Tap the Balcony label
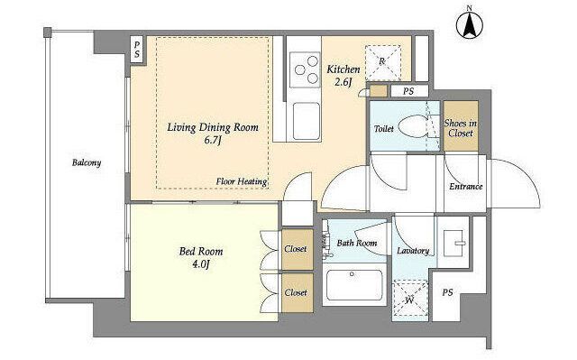pyautogui.click(x=87, y=162)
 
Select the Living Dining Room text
pyautogui.click(x=213, y=127)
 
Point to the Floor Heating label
pyautogui.click(x=242, y=181)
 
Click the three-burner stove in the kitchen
pyautogui.click(x=305, y=69)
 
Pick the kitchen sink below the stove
pyautogui.click(x=307, y=121)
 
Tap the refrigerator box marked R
pyautogui.click(x=382, y=62)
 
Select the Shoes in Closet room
pyautogui.click(x=461, y=125)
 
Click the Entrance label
pyautogui.click(x=465, y=187)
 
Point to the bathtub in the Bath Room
pyautogui.click(x=354, y=285)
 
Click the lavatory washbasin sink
pyautogui.click(x=453, y=244)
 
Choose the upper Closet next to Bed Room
pyautogui.click(x=298, y=249)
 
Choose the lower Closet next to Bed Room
pyautogui.click(x=298, y=293)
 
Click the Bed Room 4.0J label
pyautogui.click(x=201, y=257)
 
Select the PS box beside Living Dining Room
pyautogui.click(x=137, y=50)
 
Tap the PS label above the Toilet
pyautogui.click(x=408, y=91)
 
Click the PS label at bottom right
pyautogui.click(x=447, y=292)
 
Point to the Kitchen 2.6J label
pyautogui.click(x=343, y=75)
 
